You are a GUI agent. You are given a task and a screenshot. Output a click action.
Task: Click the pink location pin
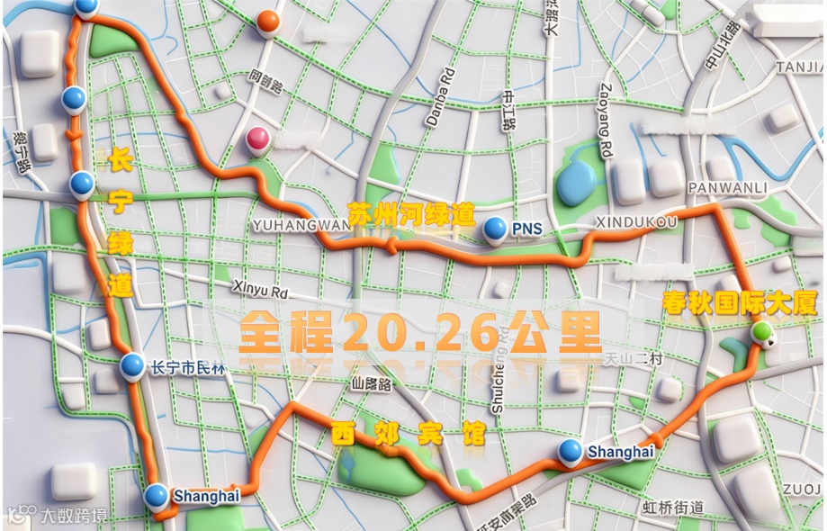point(258,139)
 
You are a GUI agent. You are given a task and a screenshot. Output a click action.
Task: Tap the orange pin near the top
point(267,21)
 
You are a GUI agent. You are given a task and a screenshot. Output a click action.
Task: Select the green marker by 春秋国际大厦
point(763,332)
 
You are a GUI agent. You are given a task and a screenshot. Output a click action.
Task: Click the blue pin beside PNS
point(494,229)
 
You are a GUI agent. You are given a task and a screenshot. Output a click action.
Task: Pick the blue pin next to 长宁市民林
point(132,364)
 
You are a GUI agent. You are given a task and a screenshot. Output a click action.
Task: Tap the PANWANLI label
point(727,188)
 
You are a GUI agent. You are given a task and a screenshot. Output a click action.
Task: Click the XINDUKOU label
point(636,221)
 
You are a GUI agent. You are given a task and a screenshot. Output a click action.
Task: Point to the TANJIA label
point(801,67)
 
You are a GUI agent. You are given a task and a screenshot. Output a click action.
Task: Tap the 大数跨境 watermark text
point(73,516)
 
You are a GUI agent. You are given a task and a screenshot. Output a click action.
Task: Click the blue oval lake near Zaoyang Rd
point(576,183)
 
